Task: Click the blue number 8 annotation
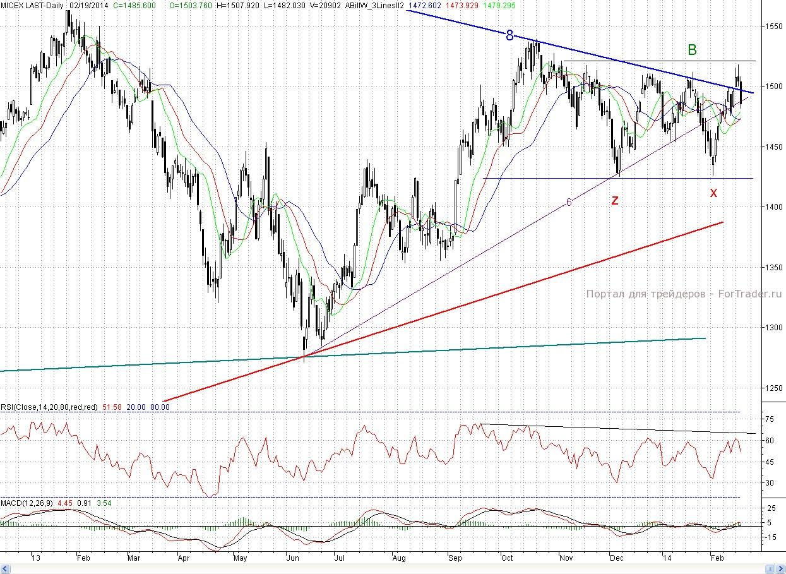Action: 509,35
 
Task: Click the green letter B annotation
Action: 692,50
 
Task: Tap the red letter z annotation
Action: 614,200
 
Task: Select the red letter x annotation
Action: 713,193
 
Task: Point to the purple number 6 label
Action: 569,202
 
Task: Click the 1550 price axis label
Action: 773,27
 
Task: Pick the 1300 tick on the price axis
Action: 773,328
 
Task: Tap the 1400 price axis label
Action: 773,207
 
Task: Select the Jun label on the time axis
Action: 293,558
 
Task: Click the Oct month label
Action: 506,558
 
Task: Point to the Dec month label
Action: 616,558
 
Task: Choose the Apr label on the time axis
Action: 184,558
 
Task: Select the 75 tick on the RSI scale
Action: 770,419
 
